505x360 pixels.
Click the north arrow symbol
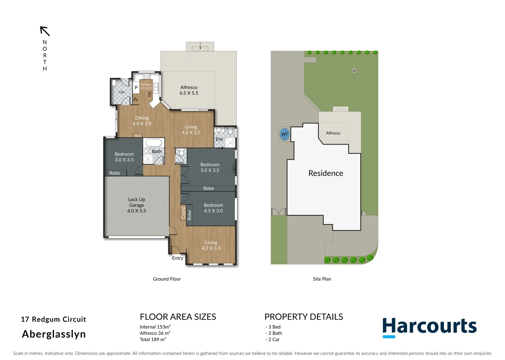pos(45,31)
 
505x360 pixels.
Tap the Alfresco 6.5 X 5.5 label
pos(189,90)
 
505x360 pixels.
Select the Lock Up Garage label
pos(137,205)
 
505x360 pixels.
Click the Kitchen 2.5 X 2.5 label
pos(146,86)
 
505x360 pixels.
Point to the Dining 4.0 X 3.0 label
pos(142,121)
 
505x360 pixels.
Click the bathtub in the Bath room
pos(154,143)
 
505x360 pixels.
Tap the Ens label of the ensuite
pos(219,139)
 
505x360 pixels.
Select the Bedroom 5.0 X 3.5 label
pos(210,167)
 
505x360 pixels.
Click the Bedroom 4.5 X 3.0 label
pos(213,208)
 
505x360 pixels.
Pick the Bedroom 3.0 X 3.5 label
pos(124,157)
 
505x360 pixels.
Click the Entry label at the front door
pos(178,258)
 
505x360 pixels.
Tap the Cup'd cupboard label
pos(183,213)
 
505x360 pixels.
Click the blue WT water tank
pos(284,134)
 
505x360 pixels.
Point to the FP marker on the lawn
pos(354,71)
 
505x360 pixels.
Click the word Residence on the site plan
pos(326,173)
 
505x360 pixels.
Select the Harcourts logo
pos(429,327)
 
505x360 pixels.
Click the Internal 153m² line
pos(155,327)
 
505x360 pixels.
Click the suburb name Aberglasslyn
pos(54,334)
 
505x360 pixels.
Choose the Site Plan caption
pos(322,279)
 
